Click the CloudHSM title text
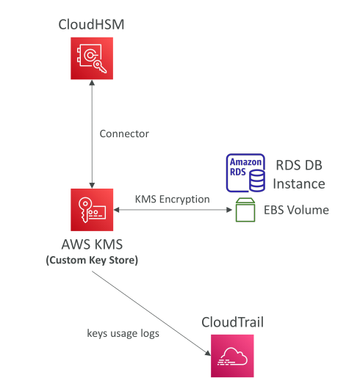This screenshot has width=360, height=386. pos(91,25)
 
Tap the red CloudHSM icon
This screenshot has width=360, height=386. pos(92,59)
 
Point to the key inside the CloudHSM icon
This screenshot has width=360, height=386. pos(100,67)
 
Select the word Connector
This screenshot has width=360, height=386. pos(124,134)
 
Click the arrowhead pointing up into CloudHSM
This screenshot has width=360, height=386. pos(92,83)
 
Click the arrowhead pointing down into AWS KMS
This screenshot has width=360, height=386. pos(92,186)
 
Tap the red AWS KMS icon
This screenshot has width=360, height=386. pos(92,210)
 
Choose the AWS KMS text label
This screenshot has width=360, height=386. pos(92,244)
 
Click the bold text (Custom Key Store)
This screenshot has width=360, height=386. pos(92,261)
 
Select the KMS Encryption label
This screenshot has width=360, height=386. pos(172,199)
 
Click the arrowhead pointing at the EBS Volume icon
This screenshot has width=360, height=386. pos(229,210)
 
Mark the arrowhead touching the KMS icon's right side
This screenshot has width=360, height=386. pos(116,210)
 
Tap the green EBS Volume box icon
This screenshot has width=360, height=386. pos(245,210)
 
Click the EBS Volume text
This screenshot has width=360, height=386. pos(296,210)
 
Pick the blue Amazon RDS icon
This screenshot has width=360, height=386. pos(245,172)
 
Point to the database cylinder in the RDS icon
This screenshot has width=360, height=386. pos(257,181)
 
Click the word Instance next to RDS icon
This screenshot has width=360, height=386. pos(299,184)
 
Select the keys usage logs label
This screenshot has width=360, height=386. pos(123,333)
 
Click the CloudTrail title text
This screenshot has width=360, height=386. pos(232,322)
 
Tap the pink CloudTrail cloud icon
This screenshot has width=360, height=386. pos(232,356)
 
